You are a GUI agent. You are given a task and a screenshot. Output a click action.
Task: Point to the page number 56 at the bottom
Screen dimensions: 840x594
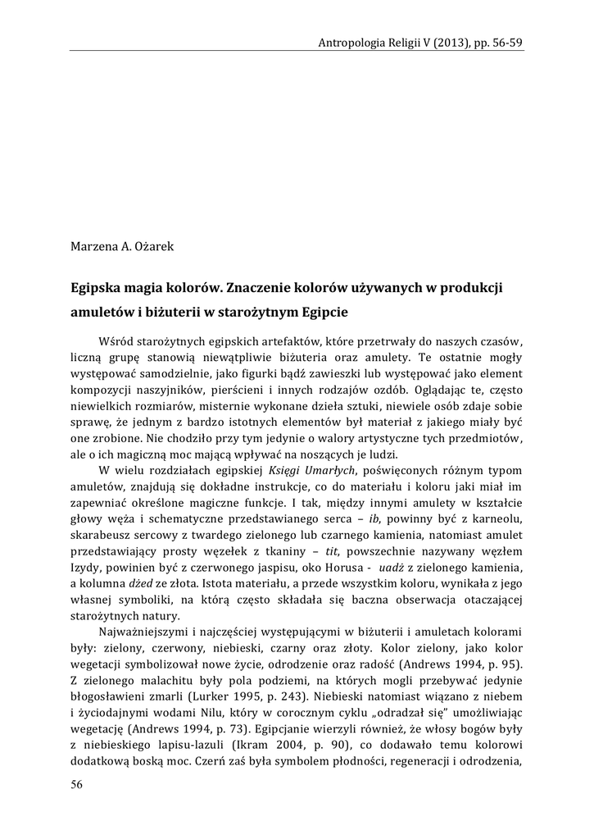(x=77, y=784)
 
